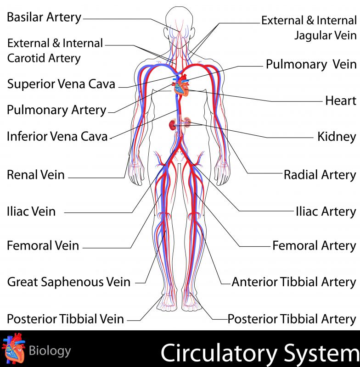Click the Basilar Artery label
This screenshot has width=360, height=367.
coord(44,17)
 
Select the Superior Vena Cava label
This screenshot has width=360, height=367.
coord(61,84)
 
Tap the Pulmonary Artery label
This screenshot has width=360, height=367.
coord(56,110)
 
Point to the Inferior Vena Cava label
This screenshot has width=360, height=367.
coord(57,136)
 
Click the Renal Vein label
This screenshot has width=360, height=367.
coord(36,175)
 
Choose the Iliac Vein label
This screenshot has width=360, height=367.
coord(31,211)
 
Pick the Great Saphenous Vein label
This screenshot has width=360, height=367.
coord(68,282)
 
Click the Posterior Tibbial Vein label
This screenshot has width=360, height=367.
coord(65,319)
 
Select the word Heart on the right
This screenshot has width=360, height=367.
coord(341,101)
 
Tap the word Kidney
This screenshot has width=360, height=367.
coord(337,137)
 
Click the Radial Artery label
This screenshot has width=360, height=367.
coord(320,175)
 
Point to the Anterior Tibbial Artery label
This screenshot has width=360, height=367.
coord(294,282)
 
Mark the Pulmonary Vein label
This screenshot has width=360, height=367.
coord(311,64)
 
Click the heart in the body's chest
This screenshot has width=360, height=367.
coord(181,86)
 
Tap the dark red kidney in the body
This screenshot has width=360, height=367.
coord(172,125)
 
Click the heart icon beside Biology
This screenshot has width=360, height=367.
coord(13,348)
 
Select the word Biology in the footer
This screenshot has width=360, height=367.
coord(50,351)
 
